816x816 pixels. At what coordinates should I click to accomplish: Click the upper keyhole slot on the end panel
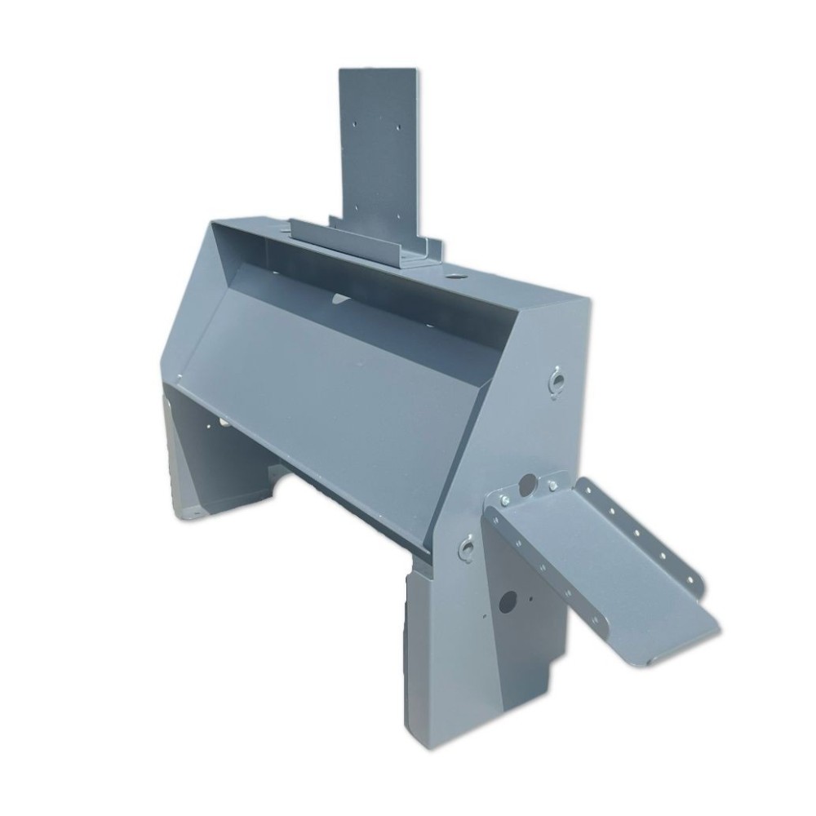[556, 380]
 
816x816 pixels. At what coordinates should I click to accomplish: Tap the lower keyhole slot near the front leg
[466, 548]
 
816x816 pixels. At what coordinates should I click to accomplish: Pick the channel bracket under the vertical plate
[367, 242]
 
